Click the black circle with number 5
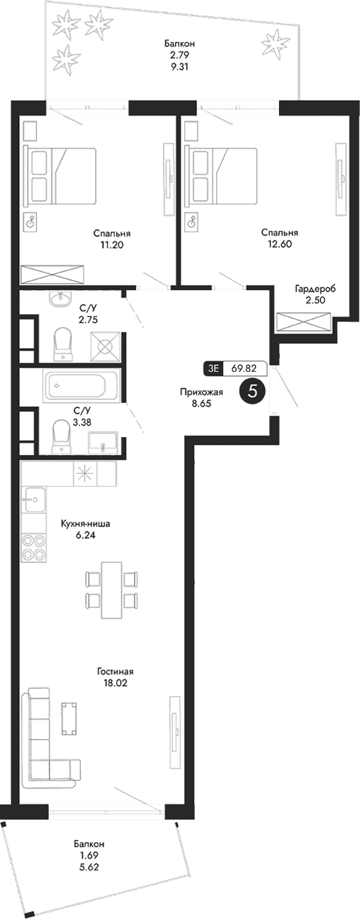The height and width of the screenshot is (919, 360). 253,391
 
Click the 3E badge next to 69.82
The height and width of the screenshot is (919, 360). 213,369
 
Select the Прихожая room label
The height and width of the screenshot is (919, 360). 193,392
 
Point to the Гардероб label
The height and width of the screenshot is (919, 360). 315,289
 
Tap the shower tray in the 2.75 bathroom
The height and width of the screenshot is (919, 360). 105,345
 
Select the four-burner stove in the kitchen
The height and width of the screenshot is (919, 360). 34,547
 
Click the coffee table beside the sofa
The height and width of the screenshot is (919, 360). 69,718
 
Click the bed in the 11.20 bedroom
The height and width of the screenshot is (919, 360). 59,176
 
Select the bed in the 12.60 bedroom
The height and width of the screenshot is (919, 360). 223,176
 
